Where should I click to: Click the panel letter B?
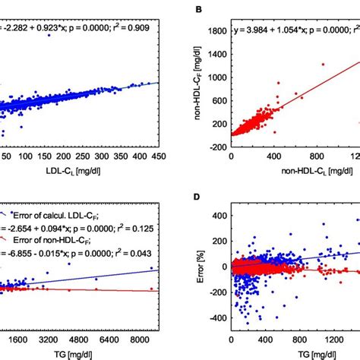[200, 11]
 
